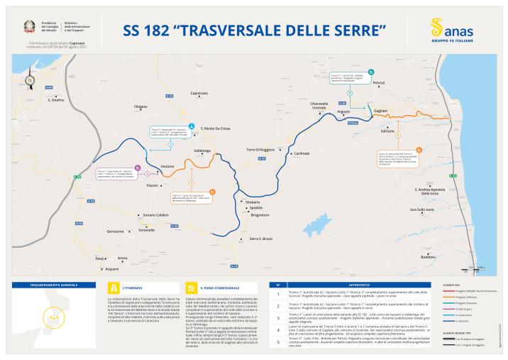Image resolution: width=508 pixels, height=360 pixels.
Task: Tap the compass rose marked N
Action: click(x=29, y=80)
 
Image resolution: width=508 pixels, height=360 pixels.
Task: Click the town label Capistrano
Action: click(x=200, y=93)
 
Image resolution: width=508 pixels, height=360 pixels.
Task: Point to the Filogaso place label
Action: click(x=140, y=107)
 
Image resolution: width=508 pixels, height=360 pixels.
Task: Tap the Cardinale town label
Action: click(x=302, y=153)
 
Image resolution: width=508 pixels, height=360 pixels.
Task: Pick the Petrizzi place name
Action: click(x=379, y=83)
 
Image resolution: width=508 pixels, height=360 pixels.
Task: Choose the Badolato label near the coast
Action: click(x=428, y=256)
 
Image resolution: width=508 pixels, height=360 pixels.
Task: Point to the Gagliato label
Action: click(x=380, y=111)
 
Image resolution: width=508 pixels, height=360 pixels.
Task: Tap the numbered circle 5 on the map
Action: click(x=350, y=93)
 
